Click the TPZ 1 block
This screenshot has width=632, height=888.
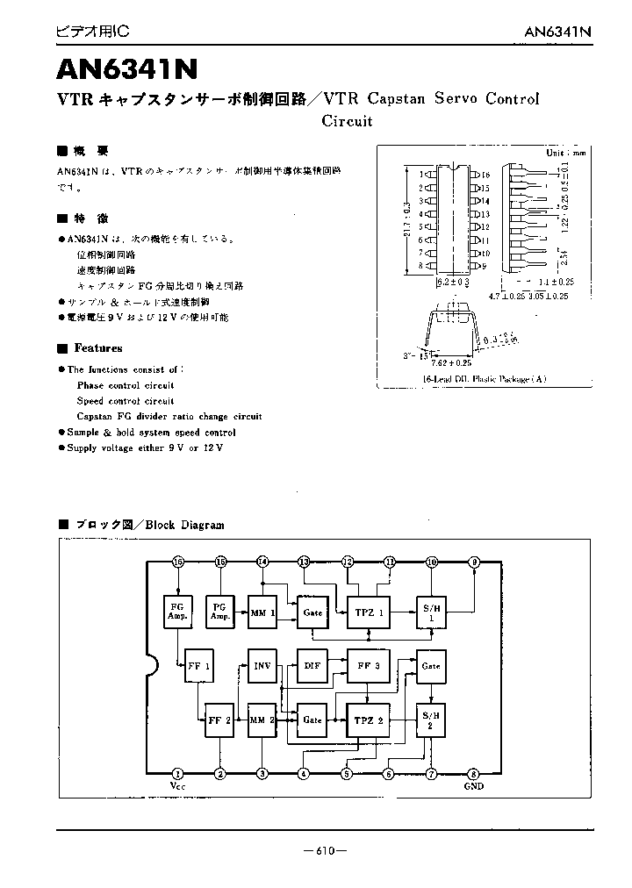370,612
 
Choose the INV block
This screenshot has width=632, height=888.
262,665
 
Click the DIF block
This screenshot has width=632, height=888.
312,665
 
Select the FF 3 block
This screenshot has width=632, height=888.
370,665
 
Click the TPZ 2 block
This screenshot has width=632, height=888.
370,720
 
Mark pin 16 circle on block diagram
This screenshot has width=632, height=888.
178,562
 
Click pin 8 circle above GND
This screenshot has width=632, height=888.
473,773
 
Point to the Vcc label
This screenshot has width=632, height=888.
178,786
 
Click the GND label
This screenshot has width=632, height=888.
473,786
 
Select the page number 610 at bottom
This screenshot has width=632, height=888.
324,849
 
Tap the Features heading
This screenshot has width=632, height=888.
97,347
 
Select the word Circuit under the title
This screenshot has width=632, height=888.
347,121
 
